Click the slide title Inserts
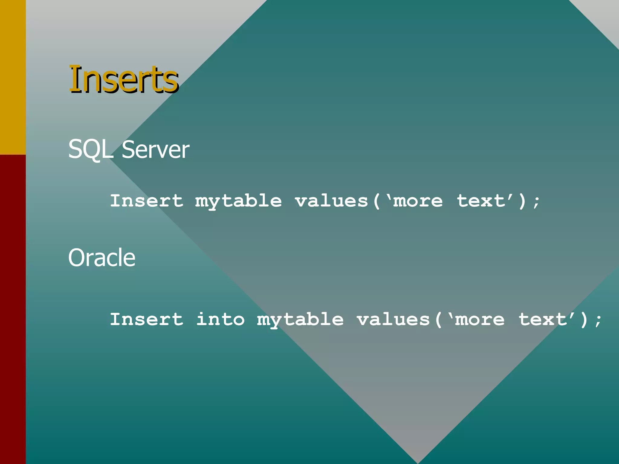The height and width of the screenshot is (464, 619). pyautogui.click(x=123, y=79)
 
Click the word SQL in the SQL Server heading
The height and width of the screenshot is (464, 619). pyautogui.click(x=90, y=149)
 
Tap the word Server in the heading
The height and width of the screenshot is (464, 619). pyautogui.click(x=155, y=149)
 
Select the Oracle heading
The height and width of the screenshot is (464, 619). pyautogui.click(x=102, y=258)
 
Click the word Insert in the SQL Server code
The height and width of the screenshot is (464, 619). pyautogui.click(x=147, y=201)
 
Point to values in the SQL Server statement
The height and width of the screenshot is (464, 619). pyautogui.click(x=332, y=201)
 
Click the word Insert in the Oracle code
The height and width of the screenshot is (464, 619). pyautogui.click(x=147, y=319)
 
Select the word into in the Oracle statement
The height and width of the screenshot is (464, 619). pyautogui.click(x=220, y=319)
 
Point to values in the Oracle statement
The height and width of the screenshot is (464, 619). pyautogui.click(x=393, y=319)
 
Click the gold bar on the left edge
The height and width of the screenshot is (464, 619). pyautogui.click(x=13, y=77)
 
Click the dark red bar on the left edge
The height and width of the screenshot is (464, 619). pyautogui.click(x=13, y=308)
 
